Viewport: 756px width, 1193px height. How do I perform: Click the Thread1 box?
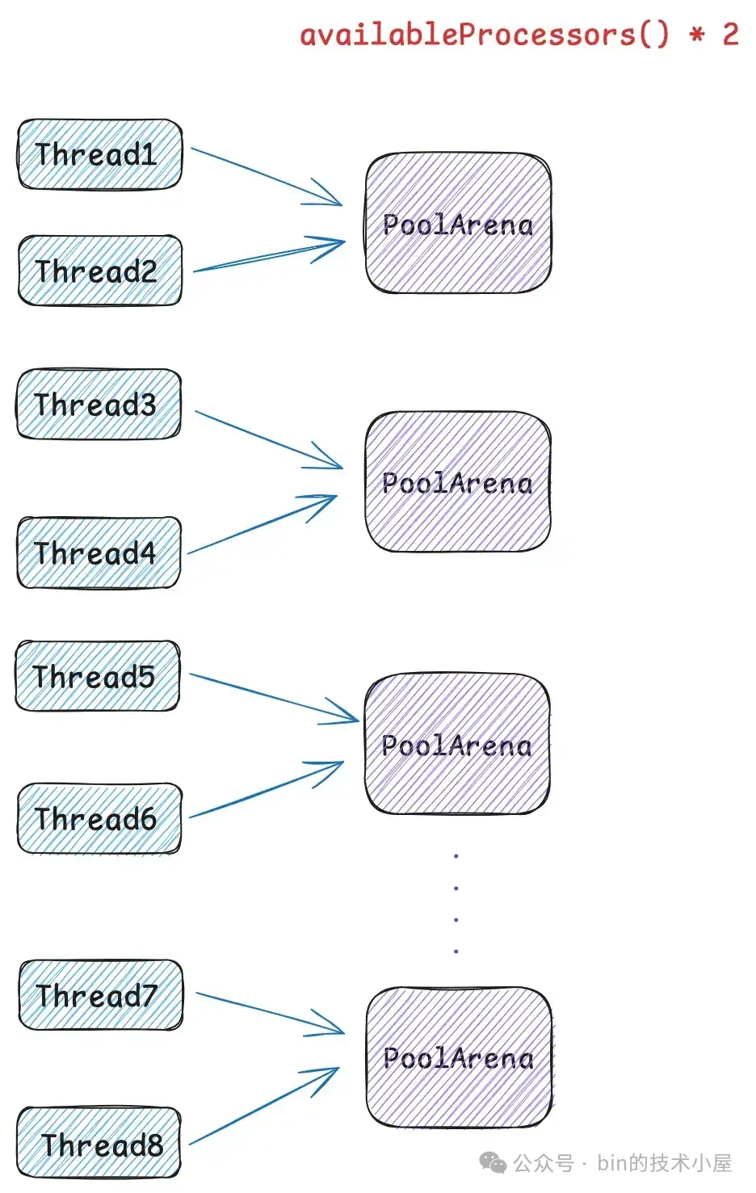point(99,154)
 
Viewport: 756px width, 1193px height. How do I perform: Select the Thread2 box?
point(99,271)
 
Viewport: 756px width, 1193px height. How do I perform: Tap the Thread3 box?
point(99,404)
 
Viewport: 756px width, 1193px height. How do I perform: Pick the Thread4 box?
point(99,553)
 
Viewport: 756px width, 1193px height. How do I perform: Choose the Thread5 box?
point(97,676)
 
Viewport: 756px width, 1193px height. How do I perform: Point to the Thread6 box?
point(99,818)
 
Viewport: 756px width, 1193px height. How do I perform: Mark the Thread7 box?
point(100,995)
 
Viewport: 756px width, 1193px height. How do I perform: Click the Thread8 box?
point(99,1144)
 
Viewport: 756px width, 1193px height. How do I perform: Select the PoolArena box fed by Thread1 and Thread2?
point(458,223)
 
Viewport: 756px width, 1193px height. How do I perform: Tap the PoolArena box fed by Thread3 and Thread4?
point(457,482)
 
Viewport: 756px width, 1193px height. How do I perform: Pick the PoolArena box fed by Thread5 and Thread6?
point(456,744)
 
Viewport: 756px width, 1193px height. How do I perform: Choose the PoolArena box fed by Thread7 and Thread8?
point(459,1057)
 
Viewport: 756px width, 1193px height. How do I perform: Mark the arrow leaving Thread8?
point(262,1107)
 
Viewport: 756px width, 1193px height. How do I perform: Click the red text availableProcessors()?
point(485,35)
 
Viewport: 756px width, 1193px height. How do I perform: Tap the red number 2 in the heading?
point(730,34)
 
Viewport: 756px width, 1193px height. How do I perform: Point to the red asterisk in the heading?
point(696,35)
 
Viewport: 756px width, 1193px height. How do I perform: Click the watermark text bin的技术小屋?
point(664,1163)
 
